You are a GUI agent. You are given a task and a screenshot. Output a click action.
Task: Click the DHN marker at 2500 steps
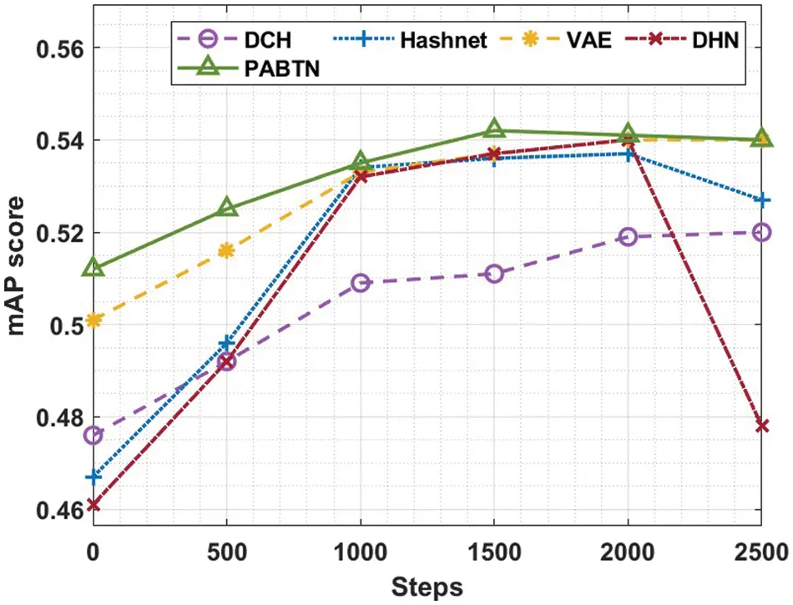pos(761,426)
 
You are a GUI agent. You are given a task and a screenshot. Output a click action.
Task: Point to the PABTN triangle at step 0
pos(93,268)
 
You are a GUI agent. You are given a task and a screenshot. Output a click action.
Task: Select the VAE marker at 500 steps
pos(227,250)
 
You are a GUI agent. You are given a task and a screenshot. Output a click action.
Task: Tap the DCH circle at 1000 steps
pos(361,283)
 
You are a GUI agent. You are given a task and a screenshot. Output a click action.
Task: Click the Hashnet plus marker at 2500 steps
pos(761,200)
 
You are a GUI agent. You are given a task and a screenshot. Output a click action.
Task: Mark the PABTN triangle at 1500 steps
pos(494,129)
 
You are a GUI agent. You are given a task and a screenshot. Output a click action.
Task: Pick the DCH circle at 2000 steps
pos(628,237)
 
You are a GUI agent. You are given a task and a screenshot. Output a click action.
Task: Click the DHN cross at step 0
pos(93,505)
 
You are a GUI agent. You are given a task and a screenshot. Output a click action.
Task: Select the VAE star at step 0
pos(93,320)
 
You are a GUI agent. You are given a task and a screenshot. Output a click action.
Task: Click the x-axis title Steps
pos(427,586)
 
